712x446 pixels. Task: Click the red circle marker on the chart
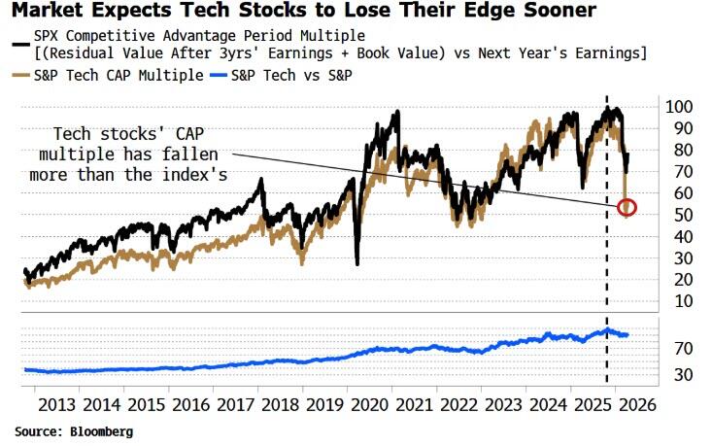coord(627,207)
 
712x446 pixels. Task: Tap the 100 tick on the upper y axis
coord(677,106)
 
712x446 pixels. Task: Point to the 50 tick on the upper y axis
coord(673,215)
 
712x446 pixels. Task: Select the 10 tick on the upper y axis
coord(673,301)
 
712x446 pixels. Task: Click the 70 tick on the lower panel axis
coord(673,348)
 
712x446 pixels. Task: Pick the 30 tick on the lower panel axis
coord(673,374)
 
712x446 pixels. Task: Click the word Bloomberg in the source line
coord(101,430)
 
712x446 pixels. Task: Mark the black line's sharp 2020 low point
coord(357,262)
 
